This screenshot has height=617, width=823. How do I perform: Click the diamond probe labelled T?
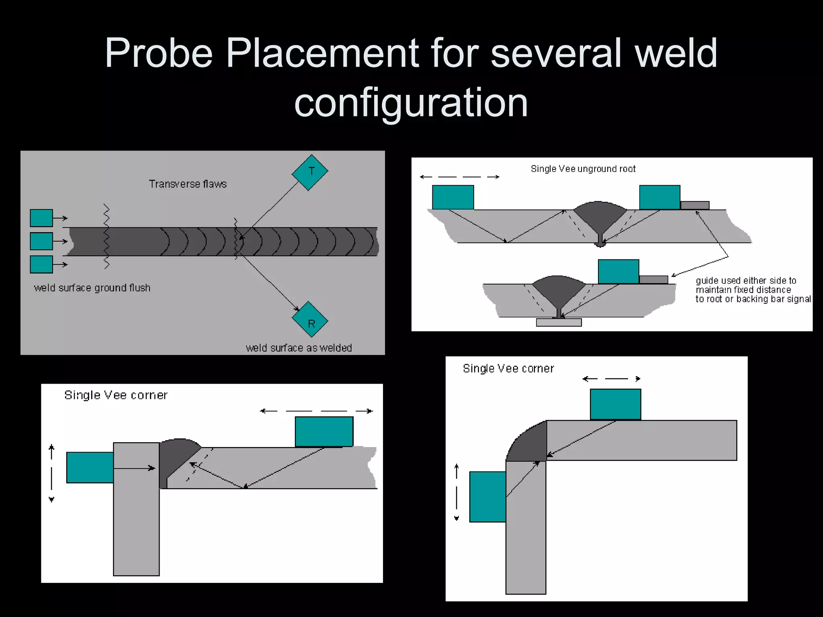(x=310, y=172)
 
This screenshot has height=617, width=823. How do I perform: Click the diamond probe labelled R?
(x=310, y=320)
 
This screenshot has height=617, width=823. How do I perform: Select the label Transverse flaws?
(x=188, y=184)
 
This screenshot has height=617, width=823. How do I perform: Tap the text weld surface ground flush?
(x=92, y=288)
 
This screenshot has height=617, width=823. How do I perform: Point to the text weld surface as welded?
(x=299, y=348)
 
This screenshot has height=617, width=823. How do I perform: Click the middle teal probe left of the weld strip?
(x=41, y=241)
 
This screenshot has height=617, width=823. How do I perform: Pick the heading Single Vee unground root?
(x=583, y=169)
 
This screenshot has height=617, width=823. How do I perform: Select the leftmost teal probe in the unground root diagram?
(x=453, y=197)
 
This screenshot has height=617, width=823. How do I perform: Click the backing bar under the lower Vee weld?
(x=559, y=322)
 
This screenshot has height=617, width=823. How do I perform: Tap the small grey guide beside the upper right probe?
(x=695, y=205)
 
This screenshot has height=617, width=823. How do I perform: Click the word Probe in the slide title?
(x=158, y=53)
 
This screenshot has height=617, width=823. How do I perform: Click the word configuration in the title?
(x=411, y=103)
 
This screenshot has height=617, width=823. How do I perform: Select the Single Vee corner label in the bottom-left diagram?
(x=116, y=395)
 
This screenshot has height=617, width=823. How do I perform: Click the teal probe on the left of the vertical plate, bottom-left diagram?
(x=90, y=467)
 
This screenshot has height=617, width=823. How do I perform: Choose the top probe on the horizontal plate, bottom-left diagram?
(x=324, y=431)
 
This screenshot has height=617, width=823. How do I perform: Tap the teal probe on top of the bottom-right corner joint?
(x=615, y=404)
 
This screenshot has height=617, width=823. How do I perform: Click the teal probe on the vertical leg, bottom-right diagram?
(x=487, y=496)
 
